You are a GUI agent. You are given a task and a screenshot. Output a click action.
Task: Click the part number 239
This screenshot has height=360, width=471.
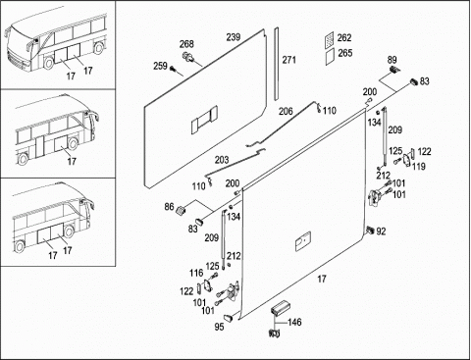coord(234,37)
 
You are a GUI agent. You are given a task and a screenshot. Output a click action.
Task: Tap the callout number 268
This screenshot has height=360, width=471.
coord(186,44)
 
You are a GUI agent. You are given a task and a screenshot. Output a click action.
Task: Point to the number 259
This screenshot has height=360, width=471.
coord(160,66)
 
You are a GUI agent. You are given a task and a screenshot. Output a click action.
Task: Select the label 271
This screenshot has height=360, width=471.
coord(289,60)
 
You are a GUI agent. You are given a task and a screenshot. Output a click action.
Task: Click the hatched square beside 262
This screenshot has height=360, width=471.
coord(330,38)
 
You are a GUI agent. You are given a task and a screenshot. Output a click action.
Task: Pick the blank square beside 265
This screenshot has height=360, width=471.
coord(330,57)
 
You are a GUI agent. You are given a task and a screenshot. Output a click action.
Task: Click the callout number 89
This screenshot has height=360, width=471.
coord(392,60)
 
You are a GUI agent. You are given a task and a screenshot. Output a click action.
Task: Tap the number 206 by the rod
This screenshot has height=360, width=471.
coord(286,112)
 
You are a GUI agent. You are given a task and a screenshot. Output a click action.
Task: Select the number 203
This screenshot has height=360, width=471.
coord(222,160)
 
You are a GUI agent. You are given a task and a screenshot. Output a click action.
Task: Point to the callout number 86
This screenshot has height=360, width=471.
coord(169,207)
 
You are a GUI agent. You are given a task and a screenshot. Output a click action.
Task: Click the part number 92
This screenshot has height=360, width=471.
coord(381,231)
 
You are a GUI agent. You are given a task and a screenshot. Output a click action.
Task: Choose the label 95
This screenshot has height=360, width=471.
coord(219,327)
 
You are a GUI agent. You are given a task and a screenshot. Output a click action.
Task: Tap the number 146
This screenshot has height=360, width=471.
coord(294,323)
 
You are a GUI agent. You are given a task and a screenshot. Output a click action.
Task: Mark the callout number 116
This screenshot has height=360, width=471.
coord(196,273)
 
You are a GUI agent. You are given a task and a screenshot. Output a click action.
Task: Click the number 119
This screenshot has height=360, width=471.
coord(419,167)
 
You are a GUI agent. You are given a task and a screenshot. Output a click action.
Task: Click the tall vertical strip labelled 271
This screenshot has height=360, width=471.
coord(277,64)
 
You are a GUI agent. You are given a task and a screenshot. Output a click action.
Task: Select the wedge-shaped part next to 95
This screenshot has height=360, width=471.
coord(229,317)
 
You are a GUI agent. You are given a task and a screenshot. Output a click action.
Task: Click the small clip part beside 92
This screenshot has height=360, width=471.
coord(371,230)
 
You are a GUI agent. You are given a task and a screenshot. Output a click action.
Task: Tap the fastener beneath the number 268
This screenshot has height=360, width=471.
coord(188,56)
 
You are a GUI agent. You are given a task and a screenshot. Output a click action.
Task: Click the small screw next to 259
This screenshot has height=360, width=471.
coord(173,69)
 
